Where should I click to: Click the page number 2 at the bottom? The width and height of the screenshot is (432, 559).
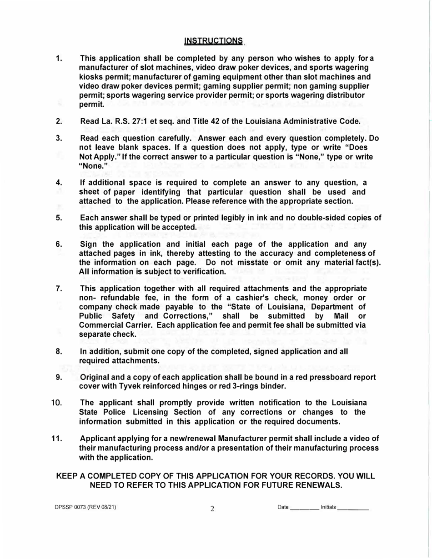tap(212, 509)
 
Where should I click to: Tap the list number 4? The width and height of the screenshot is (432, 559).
tap(59, 183)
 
